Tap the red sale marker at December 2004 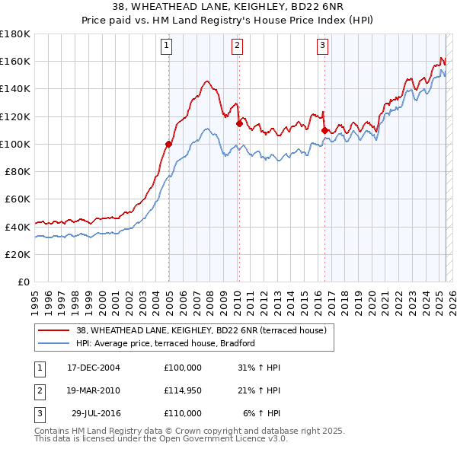pos(169,143)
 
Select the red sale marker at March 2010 pos(239,123)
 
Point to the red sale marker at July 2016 pos(324,130)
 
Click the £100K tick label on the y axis pos(15,144)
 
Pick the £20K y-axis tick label pos(18,254)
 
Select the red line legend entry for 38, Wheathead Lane pos(201,330)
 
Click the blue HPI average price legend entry pos(165,343)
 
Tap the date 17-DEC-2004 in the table pos(94,368)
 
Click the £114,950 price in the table pos(183,390)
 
